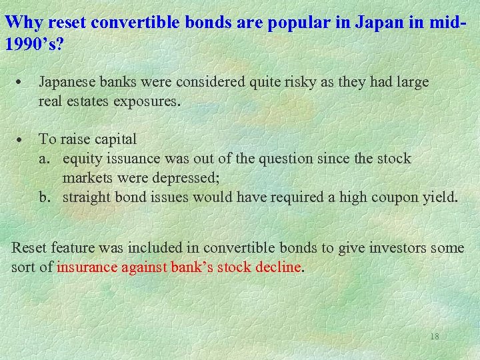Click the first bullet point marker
tap(22, 83)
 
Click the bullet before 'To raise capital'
tap(22, 140)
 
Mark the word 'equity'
tap(82, 159)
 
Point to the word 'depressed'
tap(189, 178)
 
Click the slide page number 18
tap(434, 337)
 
